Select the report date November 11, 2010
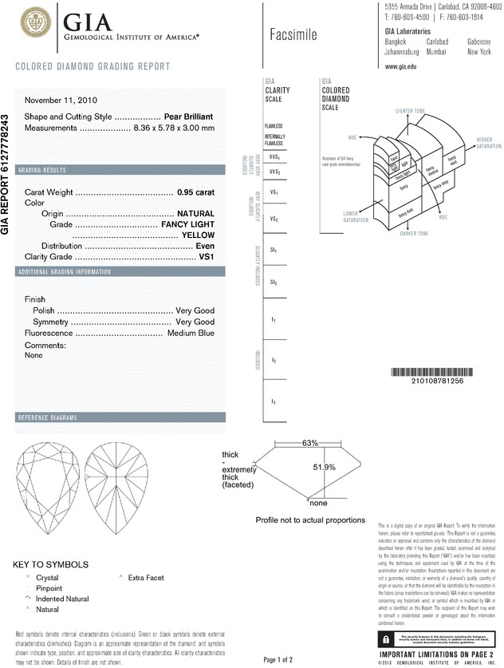point(61,101)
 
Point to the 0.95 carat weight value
point(195,192)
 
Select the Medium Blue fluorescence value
point(191,333)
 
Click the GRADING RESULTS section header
point(48,171)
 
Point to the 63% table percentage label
point(310,442)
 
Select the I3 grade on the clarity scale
point(274,401)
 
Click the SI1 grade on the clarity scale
point(274,250)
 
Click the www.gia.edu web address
point(403,67)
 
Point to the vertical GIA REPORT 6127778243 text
point(7,172)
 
